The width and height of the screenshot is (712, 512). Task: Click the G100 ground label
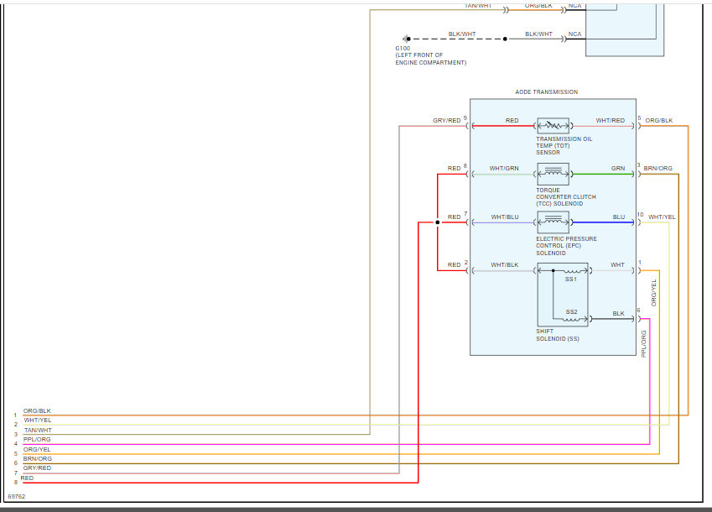(403, 49)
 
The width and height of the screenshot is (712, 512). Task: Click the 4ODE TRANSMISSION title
(546, 92)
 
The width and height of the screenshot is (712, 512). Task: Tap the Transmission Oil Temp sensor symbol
(553, 126)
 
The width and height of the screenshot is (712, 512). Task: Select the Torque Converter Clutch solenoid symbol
(553, 175)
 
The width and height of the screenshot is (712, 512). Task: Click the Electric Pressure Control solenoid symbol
(553, 222)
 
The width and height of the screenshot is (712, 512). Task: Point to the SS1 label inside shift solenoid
(570, 279)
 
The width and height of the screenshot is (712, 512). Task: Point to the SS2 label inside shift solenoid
(571, 311)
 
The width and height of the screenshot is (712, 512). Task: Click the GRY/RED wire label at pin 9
(447, 121)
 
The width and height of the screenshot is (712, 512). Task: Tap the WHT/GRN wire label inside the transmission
(505, 169)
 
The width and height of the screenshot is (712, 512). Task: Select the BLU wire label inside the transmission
(618, 217)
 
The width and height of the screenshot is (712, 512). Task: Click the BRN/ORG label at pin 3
(657, 169)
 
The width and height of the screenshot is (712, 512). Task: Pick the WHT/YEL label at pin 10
(662, 217)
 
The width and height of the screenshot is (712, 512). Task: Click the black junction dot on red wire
(437, 222)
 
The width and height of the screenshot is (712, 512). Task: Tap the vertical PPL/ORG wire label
(644, 344)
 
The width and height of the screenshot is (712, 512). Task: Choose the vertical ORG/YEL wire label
(654, 292)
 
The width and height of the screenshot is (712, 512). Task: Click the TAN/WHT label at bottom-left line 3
(38, 430)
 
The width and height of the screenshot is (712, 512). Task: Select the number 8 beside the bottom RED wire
(15, 483)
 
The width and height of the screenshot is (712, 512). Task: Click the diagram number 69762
(16, 497)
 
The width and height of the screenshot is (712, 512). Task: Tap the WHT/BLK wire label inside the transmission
(505, 265)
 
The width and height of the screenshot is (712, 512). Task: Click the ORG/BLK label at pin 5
(658, 121)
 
